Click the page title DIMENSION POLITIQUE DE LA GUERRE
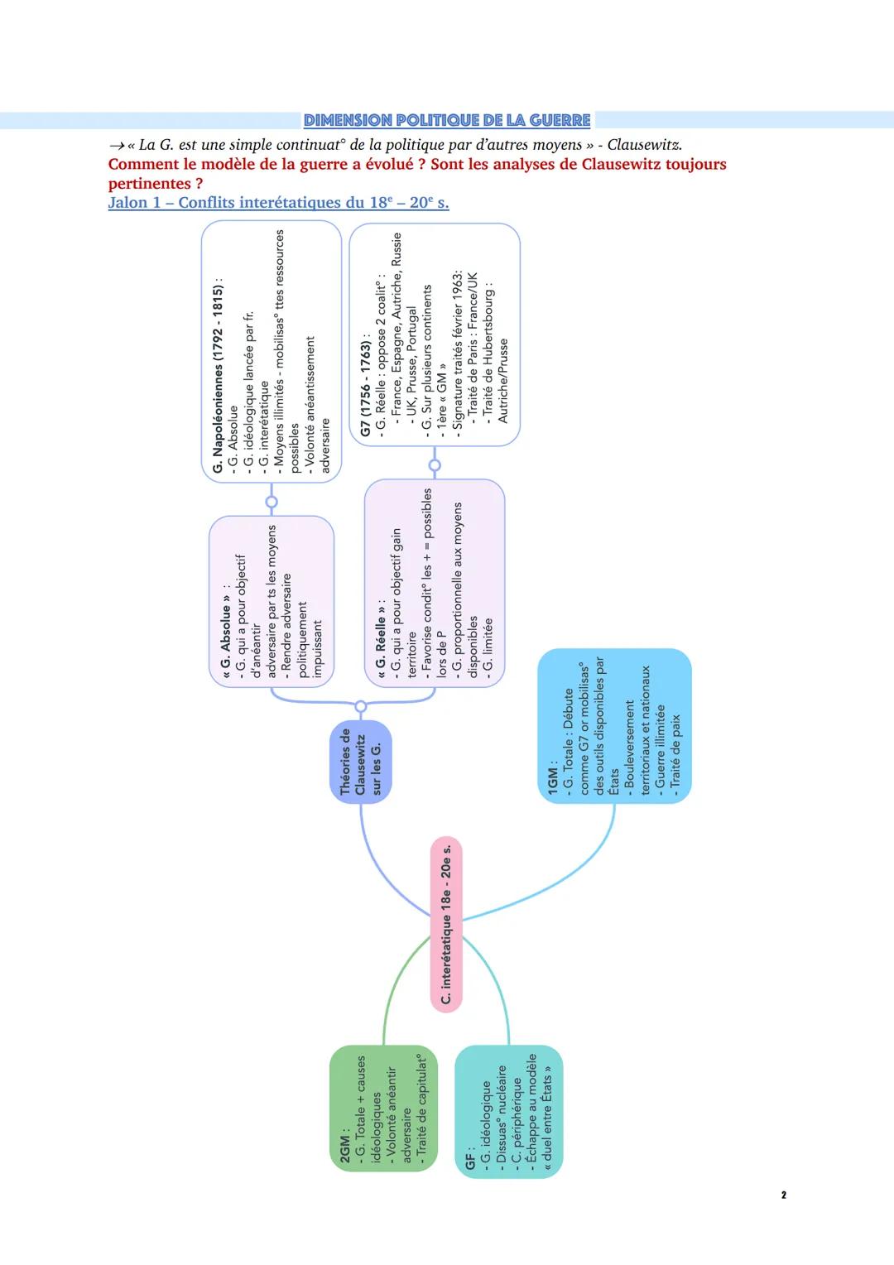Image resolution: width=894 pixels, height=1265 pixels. (x=447, y=121)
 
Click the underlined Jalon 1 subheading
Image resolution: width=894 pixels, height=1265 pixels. (x=278, y=203)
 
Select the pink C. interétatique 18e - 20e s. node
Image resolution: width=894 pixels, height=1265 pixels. (x=446, y=922)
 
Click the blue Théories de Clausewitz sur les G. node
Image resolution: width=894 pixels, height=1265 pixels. (x=360, y=762)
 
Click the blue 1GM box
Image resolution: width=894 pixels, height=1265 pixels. (x=614, y=726)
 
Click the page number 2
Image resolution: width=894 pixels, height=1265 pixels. (x=783, y=1195)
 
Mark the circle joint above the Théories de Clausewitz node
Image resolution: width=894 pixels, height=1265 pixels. (x=360, y=706)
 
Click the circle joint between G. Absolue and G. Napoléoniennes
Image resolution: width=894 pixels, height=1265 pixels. (x=271, y=502)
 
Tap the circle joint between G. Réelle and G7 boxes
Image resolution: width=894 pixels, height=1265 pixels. (x=435, y=465)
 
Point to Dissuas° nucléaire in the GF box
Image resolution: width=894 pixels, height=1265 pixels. (x=501, y=1113)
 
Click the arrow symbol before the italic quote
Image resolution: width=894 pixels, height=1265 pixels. (x=116, y=146)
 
